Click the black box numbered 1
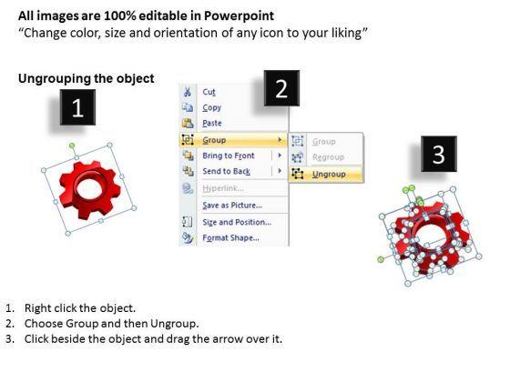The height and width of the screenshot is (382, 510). pyautogui.click(x=77, y=107)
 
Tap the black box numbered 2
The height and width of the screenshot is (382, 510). pyautogui.click(x=281, y=88)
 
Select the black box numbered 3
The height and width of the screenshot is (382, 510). pyautogui.click(x=439, y=154)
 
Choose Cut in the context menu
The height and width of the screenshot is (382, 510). pyautogui.click(x=209, y=92)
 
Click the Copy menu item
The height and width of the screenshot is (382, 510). pyautogui.click(x=211, y=107)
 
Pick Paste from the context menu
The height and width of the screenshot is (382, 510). pyautogui.click(x=212, y=123)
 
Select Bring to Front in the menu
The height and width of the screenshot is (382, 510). pyautogui.click(x=229, y=156)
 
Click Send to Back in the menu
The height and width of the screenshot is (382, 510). pyautogui.click(x=227, y=171)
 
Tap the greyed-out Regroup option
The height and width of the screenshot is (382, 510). pyautogui.click(x=328, y=157)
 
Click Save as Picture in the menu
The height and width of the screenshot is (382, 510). pyautogui.click(x=232, y=206)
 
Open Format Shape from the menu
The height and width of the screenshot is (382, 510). pyautogui.click(x=231, y=237)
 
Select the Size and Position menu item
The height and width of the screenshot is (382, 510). pyautogui.click(x=237, y=222)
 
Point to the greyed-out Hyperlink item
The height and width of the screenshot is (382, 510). pyautogui.click(x=223, y=188)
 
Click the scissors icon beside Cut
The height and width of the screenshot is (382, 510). pyautogui.click(x=188, y=92)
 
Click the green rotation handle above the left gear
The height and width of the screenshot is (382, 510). pyautogui.click(x=72, y=146)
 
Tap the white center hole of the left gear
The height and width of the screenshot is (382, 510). pyautogui.click(x=90, y=188)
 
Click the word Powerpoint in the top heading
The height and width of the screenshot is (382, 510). pyautogui.click(x=239, y=16)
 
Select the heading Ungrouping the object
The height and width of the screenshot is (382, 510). pyautogui.click(x=87, y=78)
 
